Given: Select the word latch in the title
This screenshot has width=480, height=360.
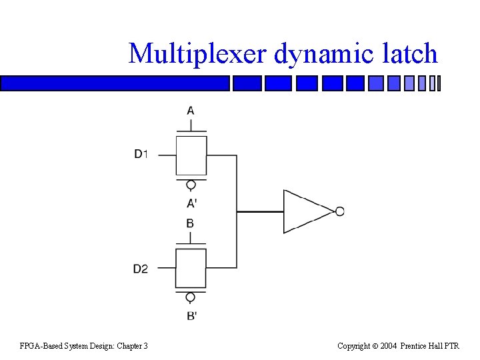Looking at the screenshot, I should (x=410, y=53).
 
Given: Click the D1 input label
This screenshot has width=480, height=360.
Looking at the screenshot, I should (x=141, y=155).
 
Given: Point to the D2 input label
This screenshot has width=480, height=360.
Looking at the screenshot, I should (x=141, y=269).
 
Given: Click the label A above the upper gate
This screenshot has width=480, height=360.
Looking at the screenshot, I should (x=191, y=110).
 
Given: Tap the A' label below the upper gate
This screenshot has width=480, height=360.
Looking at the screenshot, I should (x=191, y=203).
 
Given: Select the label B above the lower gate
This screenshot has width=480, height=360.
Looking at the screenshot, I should (x=191, y=223).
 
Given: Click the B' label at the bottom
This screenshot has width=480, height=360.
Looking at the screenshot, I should (x=191, y=315).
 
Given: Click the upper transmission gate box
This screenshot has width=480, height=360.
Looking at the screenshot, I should (x=191, y=155).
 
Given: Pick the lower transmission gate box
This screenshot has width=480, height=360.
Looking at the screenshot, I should (x=191, y=268).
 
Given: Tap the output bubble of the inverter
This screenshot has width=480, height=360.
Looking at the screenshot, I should (x=339, y=211).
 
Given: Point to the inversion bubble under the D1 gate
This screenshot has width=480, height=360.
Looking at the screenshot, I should (x=191, y=185).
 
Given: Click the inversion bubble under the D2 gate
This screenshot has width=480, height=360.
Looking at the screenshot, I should (x=191, y=297).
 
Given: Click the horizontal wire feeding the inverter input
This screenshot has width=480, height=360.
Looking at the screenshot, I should (x=260, y=211).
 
